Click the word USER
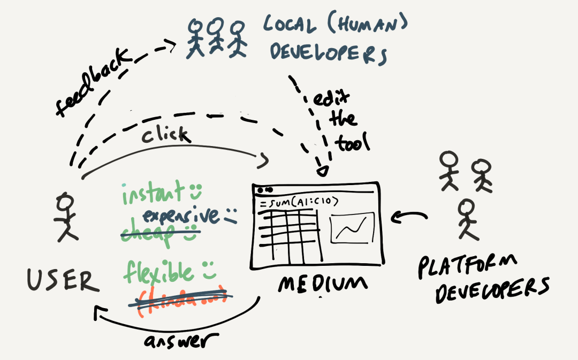tap(63, 280)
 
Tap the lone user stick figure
tap(66, 217)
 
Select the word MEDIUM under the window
tap(316, 284)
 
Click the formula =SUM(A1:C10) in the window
tap(299, 202)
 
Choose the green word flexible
tap(158, 272)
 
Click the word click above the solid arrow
tap(166, 135)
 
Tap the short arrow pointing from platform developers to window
tap(409, 217)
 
